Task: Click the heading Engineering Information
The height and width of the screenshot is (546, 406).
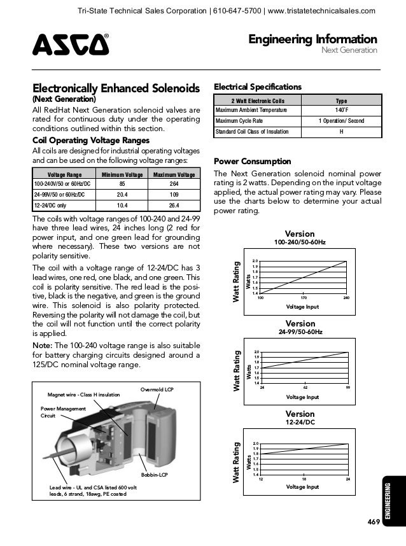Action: coord(312,39)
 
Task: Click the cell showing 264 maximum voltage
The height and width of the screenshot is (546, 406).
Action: coord(174,185)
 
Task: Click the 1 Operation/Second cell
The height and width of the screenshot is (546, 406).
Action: coord(340,121)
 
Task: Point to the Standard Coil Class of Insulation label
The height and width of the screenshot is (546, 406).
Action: coord(252,132)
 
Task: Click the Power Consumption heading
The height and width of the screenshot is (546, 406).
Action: coord(253,161)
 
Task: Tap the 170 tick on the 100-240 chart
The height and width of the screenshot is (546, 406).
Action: coord(304,297)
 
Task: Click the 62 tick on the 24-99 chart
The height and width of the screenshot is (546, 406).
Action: coord(305,387)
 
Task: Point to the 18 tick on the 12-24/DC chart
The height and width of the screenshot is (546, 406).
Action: coord(305,478)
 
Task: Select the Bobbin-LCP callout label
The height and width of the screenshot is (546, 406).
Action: coord(153,475)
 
